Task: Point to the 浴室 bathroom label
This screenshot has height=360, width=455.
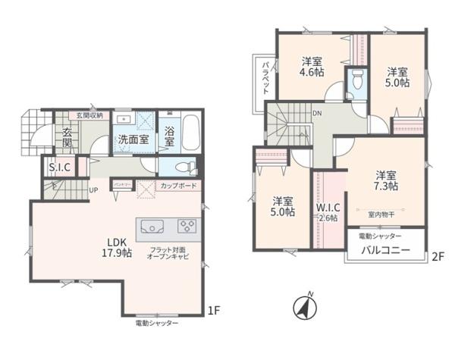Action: (x=168, y=136)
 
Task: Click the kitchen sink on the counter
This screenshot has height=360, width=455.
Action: (x=152, y=226)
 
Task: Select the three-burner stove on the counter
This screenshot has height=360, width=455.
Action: (x=187, y=226)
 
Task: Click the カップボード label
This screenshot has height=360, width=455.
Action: (x=179, y=185)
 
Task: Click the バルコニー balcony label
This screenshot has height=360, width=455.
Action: (x=384, y=250)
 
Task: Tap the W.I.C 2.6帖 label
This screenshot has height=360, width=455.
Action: (x=327, y=213)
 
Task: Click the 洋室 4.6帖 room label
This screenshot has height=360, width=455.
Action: (x=313, y=67)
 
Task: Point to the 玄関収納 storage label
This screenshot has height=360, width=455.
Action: (x=93, y=115)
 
